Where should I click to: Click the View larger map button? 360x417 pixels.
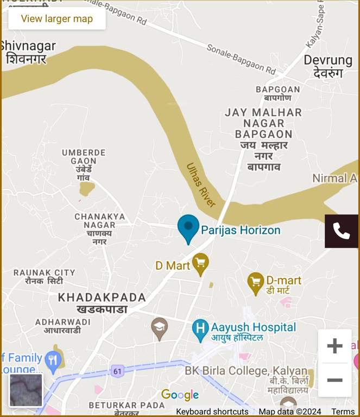pos(57,18)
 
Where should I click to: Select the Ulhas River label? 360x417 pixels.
pos(201,185)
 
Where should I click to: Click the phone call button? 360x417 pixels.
pos(341,231)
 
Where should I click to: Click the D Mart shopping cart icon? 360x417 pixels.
pos(201,264)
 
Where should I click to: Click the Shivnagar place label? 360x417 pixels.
pos(28,52)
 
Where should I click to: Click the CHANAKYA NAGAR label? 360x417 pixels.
pos(100,229)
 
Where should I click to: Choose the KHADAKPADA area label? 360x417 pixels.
pos(102,303)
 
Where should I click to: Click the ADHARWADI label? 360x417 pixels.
pos(63,326)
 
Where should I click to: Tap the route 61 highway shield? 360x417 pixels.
pos(117,371)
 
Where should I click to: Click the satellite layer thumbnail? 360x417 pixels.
pos(26,390)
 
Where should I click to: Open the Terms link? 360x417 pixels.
pos(343,412)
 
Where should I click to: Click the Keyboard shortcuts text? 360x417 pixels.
pos(212,412)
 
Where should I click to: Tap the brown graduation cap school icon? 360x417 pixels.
pos(159,327)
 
